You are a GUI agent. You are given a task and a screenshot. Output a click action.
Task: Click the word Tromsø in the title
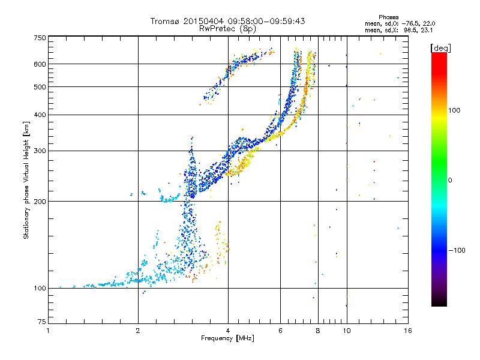166,21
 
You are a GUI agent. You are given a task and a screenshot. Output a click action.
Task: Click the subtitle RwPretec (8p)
227,29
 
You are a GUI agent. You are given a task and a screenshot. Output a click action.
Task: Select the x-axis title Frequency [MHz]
227,338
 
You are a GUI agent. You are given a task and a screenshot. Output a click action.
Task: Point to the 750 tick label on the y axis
40,38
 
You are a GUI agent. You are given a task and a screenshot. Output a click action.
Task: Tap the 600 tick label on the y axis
40,64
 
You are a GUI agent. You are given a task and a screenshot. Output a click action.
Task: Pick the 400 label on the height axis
40,115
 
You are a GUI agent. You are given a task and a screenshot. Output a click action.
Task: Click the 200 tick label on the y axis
40,202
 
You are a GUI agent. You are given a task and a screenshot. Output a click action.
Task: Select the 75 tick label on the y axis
42,322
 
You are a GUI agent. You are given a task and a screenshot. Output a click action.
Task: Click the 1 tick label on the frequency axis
48,331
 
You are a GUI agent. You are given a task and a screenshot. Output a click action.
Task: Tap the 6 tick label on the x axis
280,331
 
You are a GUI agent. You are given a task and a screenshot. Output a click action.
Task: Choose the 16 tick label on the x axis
408,331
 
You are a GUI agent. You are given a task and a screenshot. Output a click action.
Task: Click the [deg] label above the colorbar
440,48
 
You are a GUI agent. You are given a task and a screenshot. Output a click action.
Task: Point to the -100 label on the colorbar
457,250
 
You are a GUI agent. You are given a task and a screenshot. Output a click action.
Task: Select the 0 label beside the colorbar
450,181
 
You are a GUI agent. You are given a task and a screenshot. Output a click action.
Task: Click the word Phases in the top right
389,17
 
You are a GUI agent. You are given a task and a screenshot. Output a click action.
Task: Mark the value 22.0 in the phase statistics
429,23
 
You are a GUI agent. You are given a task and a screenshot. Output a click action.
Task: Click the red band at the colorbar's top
439,61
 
